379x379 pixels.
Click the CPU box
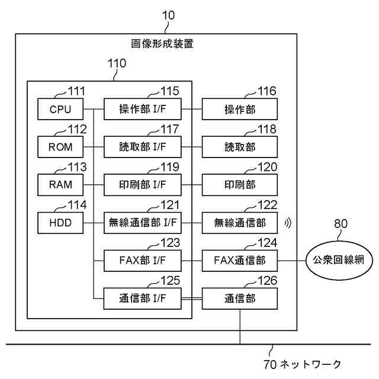click(x=60, y=109)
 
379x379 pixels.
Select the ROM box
click(x=60, y=147)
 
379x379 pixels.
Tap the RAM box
click(x=60, y=185)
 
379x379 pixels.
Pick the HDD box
click(x=60, y=223)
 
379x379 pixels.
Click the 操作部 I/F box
click(x=143, y=109)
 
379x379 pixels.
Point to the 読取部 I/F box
click(x=143, y=147)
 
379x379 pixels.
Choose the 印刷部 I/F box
click(x=143, y=185)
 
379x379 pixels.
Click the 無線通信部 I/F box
click(x=143, y=223)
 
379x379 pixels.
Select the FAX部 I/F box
click(x=143, y=261)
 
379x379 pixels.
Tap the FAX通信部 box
click(x=240, y=261)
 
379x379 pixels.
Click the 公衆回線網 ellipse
click(x=339, y=261)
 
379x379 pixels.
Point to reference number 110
click(x=117, y=63)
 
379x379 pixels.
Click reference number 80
click(x=341, y=224)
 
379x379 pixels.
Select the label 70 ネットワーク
click(x=302, y=364)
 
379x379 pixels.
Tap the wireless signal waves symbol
click(x=288, y=223)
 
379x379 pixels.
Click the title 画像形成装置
click(x=162, y=44)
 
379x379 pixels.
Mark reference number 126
click(x=267, y=281)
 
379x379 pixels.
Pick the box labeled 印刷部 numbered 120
click(x=240, y=185)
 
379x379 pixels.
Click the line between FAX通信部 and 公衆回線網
click(x=292, y=261)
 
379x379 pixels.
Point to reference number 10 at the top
click(x=168, y=15)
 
